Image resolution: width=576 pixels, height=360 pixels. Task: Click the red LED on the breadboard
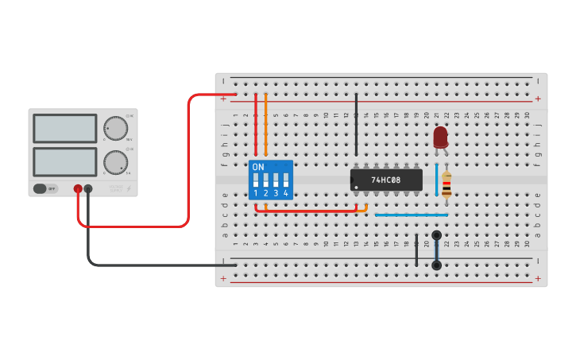click(440, 137)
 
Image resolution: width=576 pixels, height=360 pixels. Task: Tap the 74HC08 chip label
click(386, 180)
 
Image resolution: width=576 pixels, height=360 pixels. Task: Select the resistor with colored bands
click(446, 185)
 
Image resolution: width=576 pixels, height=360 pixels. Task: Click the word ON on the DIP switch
click(258, 167)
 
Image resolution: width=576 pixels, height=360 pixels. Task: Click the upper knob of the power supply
click(115, 127)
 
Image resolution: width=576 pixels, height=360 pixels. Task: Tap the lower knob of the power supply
click(115, 162)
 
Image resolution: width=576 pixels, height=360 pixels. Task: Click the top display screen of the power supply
click(65, 128)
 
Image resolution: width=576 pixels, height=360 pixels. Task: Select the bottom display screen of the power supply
click(65, 161)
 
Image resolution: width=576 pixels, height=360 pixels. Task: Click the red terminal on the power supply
click(78, 189)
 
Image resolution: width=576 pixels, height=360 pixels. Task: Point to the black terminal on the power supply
click(88, 189)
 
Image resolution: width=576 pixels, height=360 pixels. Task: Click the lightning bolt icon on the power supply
click(129, 189)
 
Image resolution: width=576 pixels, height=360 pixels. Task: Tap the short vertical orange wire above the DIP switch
click(265, 125)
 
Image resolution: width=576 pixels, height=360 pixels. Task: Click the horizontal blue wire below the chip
click(411, 215)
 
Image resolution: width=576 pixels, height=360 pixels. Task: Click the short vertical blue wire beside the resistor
click(436, 180)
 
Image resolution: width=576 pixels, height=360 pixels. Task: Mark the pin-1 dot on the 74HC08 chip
click(357, 188)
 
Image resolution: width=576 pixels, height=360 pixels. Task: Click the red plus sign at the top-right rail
click(538, 99)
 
